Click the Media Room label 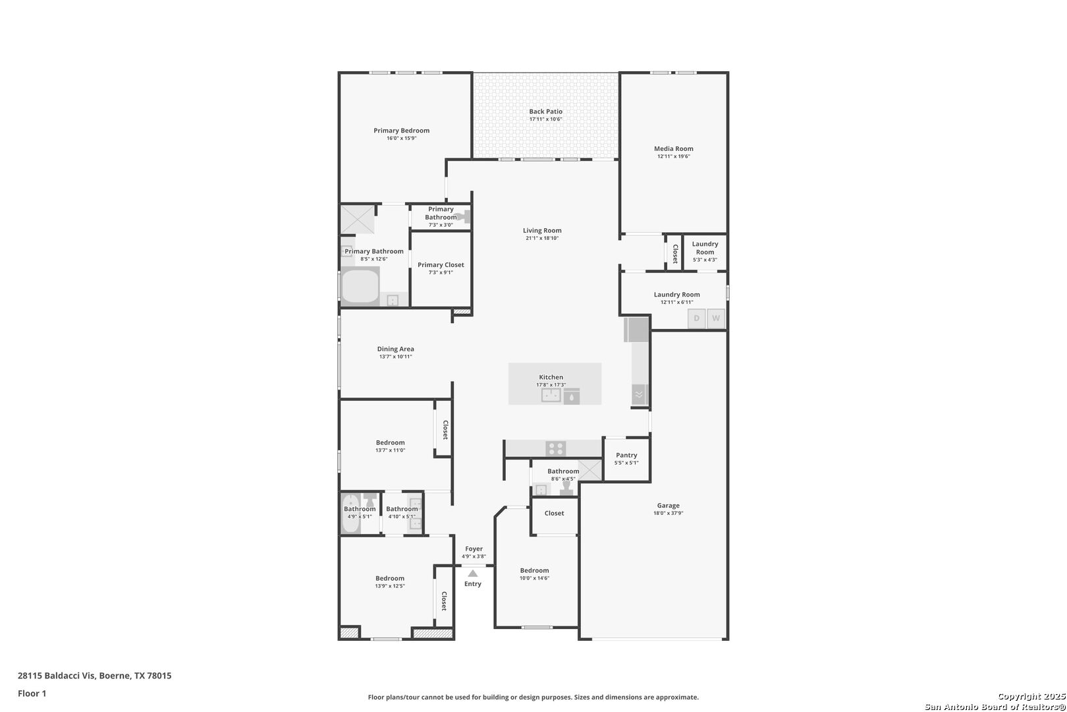673,149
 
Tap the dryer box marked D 696,318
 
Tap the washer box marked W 716,318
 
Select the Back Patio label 545,111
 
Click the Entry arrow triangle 473,574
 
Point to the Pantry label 626,456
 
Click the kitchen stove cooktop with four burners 555,448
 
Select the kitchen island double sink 551,396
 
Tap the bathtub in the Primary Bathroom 360,287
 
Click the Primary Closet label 441,265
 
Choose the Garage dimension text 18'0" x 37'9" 668,513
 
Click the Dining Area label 395,349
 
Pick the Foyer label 474,549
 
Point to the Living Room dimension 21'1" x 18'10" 542,239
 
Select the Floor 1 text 32,694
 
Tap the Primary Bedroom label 401,131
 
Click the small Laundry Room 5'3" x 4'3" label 705,249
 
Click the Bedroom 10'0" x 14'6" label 534,571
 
